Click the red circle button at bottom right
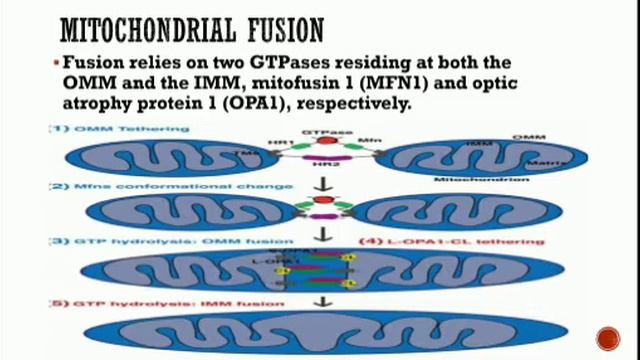click(x=608, y=338)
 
